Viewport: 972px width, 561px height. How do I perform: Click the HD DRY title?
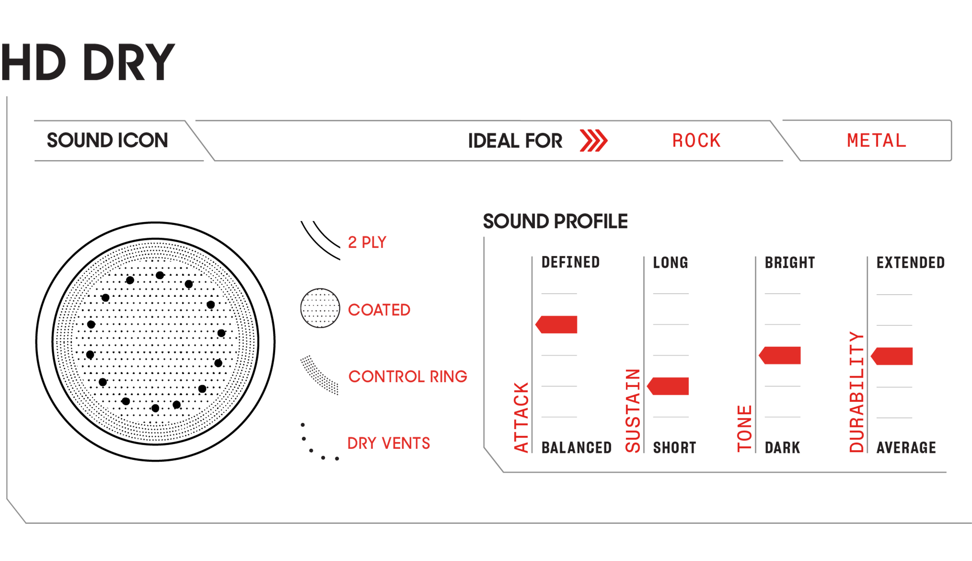click(88, 63)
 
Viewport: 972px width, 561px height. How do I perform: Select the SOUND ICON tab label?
click(107, 140)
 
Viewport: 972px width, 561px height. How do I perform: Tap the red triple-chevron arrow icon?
click(593, 140)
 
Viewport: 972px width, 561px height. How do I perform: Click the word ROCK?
click(696, 141)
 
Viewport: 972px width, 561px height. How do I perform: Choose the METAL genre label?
click(876, 141)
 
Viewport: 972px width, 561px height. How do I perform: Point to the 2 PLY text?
click(367, 242)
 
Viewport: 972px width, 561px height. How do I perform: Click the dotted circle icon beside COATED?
click(320, 308)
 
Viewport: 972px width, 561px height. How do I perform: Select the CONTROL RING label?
click(407, 377)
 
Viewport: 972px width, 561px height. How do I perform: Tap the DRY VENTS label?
click(389, 443)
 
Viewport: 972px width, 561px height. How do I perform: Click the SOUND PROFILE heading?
click(555, 221)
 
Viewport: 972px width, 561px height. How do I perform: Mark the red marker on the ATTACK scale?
click(557, 325)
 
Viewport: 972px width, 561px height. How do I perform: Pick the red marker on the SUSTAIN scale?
click(668, 386)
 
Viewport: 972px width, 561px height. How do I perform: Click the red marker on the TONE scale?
click(780, 356)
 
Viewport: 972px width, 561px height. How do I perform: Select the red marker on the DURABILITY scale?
click(892, 356)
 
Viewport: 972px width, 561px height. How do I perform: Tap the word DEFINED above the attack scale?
click(570, 262)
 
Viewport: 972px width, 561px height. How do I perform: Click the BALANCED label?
click(576, 448)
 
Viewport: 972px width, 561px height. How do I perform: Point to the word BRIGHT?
click(789, 262)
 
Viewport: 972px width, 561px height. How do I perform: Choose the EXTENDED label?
click(910, 262)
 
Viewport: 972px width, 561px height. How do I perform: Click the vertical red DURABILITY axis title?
click(856, 391)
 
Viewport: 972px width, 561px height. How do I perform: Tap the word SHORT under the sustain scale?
click(674, 448)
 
